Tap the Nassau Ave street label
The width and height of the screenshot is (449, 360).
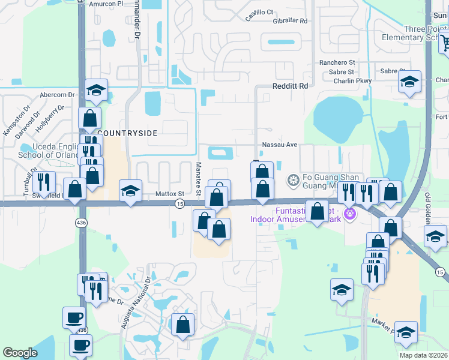(x=280, y=145)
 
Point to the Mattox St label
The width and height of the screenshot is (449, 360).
(x=170, y=194)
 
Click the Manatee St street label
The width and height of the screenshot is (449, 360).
(x=198, y=178)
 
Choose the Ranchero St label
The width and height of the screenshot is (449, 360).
(x=337, y=62)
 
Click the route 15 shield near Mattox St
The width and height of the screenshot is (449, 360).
(x=179, y=204)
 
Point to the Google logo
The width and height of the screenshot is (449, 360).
(x=20, y=353)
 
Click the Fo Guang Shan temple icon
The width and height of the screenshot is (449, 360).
(x=293, y=180)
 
